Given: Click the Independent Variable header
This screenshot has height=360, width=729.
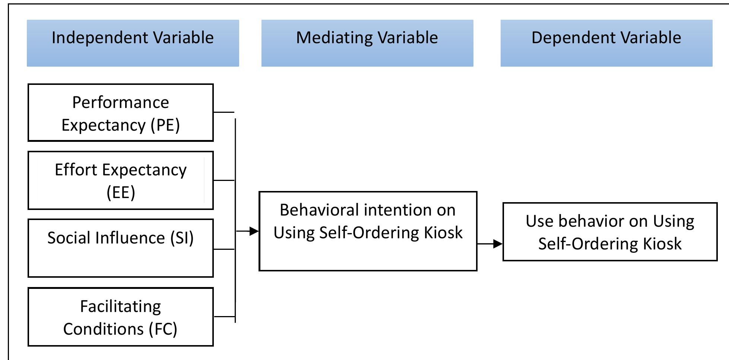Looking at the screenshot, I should [133, 43].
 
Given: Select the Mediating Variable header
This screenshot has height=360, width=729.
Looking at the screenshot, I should [367, 43].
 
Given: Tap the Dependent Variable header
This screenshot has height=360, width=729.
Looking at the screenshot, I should [606, 43].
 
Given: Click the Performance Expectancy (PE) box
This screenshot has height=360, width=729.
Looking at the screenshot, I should [120, 112].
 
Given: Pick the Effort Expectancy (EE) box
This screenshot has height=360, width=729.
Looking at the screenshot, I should [120, 180].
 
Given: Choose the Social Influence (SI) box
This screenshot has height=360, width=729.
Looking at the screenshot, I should [120, 248].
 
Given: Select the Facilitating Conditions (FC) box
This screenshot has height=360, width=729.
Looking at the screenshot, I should [120, 316].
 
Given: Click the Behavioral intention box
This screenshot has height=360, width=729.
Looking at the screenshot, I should [368, 231].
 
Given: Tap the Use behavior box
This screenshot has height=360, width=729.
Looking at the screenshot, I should [610, 232].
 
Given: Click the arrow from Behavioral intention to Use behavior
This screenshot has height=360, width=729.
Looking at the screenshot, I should [490, 244].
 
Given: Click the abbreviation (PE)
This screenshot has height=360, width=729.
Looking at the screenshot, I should [165, 125].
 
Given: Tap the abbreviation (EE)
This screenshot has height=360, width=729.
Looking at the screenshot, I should [121, 192].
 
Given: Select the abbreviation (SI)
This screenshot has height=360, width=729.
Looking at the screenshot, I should [182, 238].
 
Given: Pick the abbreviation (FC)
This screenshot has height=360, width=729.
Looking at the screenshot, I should [163, 329].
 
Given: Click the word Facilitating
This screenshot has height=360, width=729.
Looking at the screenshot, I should [120, 307].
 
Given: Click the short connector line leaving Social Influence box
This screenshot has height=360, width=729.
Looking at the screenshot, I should [224, 249].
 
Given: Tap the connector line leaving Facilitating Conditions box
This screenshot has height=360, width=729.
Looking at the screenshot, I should [224, 316].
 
